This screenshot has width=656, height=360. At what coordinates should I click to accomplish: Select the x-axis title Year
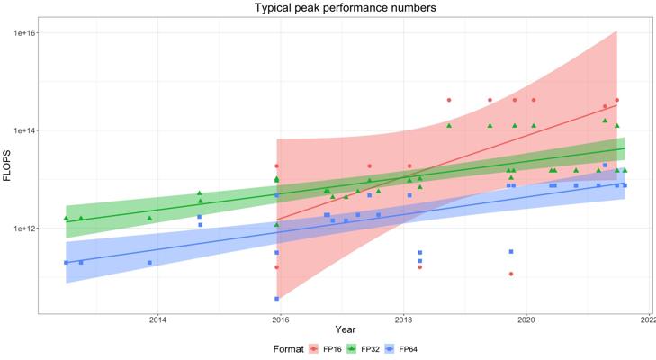click(346, 330)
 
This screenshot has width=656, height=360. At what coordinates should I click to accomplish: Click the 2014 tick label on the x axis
click(157, 319)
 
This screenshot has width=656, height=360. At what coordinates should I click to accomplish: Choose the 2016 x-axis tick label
click(281, 319)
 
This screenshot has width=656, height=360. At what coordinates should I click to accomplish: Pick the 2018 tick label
click(403, 319)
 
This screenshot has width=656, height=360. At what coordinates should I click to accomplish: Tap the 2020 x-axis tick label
click(526, 319)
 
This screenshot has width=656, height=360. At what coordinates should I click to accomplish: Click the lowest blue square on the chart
click(276, 298)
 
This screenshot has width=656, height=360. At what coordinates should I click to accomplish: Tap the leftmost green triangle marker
click(66, 218)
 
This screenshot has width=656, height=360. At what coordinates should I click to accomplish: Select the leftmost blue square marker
click(66, 262)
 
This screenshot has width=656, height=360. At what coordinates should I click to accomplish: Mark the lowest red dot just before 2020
click(511, 274)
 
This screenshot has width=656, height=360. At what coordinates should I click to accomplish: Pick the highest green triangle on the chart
click(605, 120)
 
